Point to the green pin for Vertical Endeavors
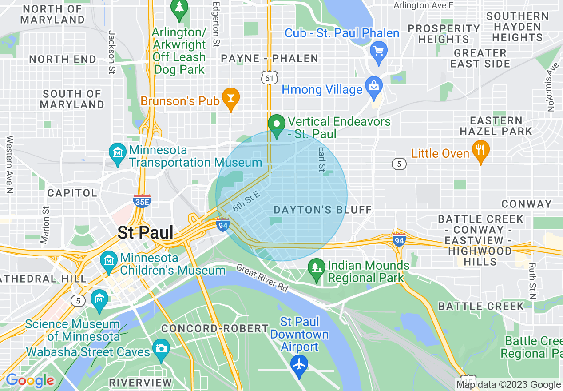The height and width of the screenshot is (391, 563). [278, 125]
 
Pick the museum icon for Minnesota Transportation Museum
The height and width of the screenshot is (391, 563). [118, 154]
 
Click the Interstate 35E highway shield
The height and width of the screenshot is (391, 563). [142, 201]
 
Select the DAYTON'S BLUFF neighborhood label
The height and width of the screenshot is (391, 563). [323, 210]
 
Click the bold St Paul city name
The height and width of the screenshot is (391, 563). [145, 232]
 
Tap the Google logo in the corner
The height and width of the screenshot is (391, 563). [30, 380]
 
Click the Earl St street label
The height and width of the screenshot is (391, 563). [321, 160]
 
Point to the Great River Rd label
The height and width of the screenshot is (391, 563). [263, 278]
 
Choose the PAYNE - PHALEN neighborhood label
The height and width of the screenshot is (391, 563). [270, 58]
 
